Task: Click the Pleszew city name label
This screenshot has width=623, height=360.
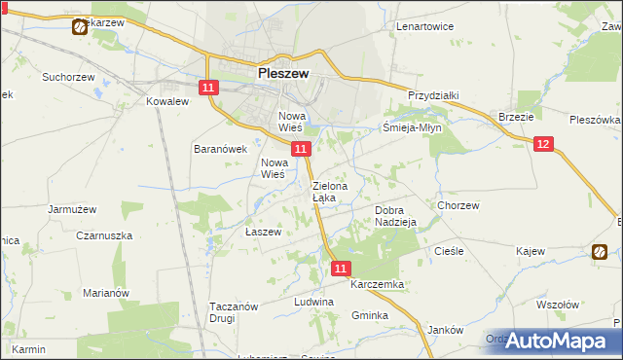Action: click(283, 72)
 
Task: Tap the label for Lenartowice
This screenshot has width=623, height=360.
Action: click(425, 26)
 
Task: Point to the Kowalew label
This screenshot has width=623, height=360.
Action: click(165, 101)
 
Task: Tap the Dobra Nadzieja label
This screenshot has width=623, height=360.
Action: click(395, 215)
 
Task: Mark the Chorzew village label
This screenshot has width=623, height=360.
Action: click(458, 206)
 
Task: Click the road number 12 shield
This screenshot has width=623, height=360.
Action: click(543, 144)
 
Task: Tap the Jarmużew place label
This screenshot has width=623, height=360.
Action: click(72, 208)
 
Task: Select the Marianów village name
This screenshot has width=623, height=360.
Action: click(106, 293)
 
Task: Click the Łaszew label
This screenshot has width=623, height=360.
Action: click(263, 233)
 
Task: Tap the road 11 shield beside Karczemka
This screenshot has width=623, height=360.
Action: click(341, 268)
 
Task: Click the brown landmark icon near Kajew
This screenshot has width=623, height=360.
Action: click(600, 253)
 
